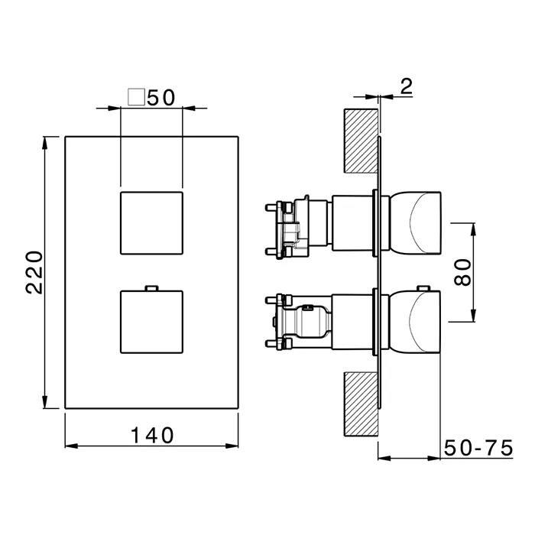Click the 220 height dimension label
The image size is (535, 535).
34,272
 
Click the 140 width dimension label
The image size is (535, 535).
152,436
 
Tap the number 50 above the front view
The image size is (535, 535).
161,98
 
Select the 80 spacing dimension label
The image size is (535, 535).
462,272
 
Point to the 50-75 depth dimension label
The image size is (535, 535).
478,448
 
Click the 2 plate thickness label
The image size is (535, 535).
407,86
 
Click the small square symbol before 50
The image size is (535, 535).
136,97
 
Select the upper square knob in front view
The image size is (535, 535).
152,223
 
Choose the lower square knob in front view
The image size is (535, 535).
152,322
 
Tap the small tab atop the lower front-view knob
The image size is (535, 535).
151,288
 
